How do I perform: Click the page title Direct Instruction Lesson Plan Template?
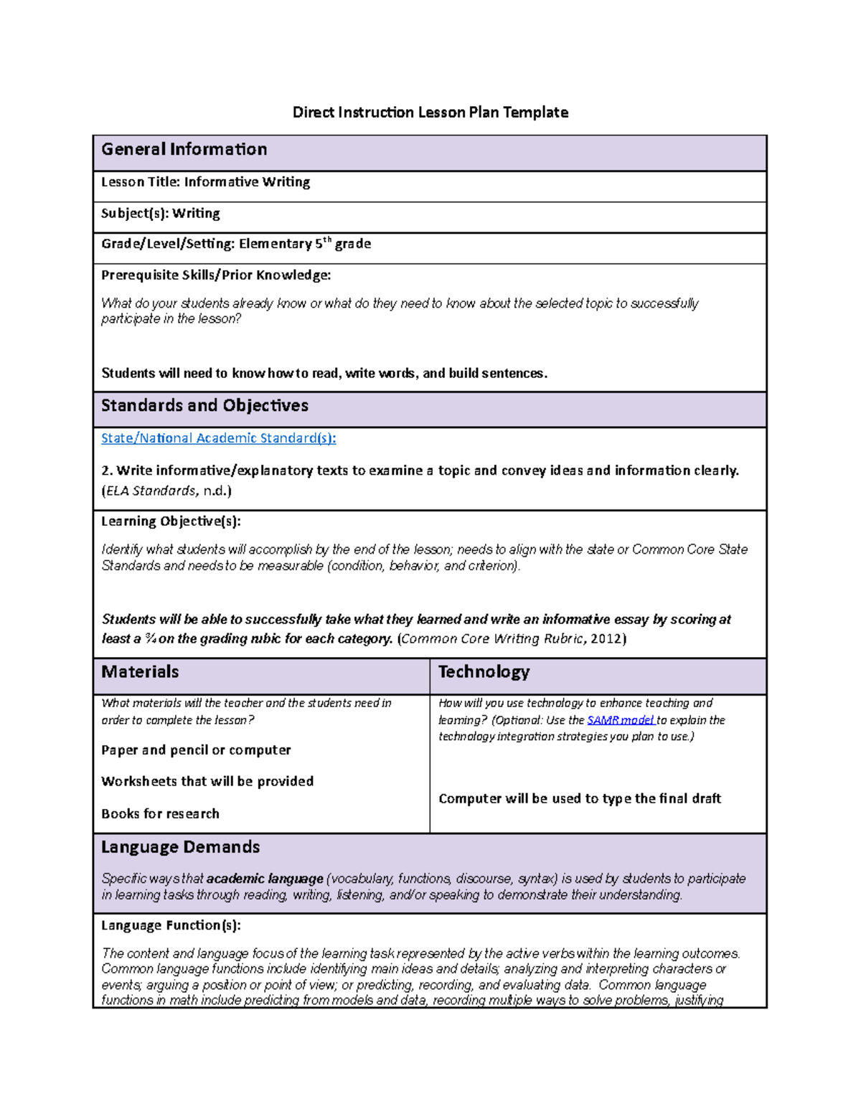[x=430, y=112]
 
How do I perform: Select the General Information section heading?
[x=184, y=149]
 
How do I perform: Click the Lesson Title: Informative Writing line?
[x=205, y=182]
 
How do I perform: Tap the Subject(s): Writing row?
[x=160, y=213]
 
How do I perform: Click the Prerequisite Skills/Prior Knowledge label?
[x=215, y=275]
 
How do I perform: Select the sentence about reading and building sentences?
[x=324, y=373]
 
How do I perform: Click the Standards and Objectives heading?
[x=204, y=405]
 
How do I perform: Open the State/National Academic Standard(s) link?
[x=218, y=438]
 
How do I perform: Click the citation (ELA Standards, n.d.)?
[x=166, y=491]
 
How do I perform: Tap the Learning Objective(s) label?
[x=171, y=521]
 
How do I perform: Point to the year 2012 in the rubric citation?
[x=607, y=638]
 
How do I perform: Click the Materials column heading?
[x=140, y=671]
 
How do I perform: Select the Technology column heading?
[x=484, y=671]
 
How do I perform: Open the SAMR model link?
[x=620, y=719]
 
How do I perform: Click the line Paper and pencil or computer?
[x=196, y=750]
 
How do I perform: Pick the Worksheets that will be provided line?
[x=207, y=781]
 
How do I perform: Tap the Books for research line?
[x=160, y=813]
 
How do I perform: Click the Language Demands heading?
[x=180, y=846]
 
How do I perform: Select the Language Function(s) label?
[x=171, y=925]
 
